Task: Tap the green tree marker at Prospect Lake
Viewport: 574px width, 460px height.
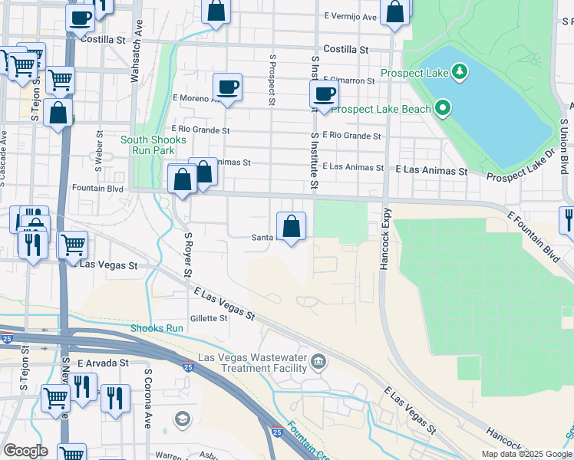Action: tap(460, 72)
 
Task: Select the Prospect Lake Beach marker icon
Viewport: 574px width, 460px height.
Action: tap(443, 108)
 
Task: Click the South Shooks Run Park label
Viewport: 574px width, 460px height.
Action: tap(153, 145)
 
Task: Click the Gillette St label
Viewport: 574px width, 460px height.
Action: tap(209, 318)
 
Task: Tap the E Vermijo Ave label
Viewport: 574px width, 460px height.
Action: tap(351, 17)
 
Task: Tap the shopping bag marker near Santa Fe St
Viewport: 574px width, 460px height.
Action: tap(292, 225)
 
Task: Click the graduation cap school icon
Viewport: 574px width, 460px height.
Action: tap(183, 419)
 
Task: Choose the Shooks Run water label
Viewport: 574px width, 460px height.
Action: tap(157, 328)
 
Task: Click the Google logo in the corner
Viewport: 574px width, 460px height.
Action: tap(25, 451)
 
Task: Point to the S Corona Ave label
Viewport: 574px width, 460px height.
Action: tap(148, 397)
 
